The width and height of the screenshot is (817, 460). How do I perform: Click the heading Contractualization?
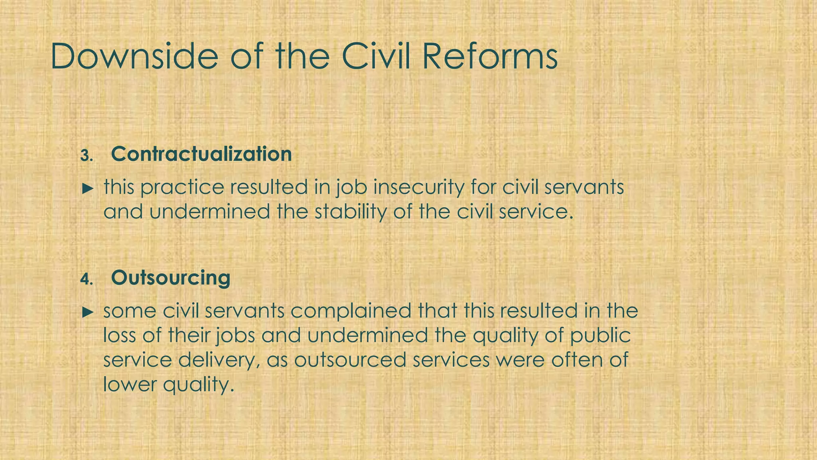point(201,154)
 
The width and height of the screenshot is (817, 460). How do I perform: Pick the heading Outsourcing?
point(171,278)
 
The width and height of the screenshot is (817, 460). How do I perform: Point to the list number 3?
point(86,156)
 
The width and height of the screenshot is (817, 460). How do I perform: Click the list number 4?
point(86,280)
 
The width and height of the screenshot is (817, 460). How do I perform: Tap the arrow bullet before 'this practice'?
point(87,188)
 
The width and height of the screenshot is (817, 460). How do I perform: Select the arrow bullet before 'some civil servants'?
point(87,312)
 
